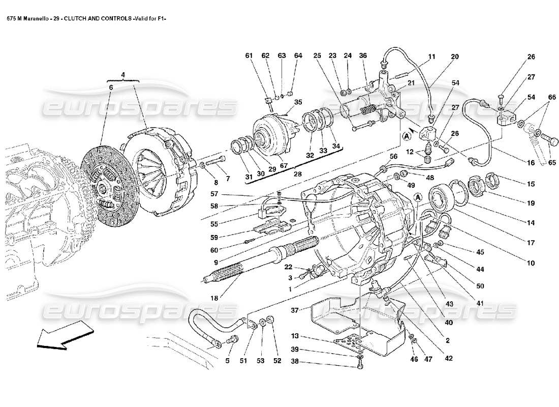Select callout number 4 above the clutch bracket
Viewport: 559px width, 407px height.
[x=122, y=75]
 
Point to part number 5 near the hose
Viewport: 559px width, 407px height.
[x=228, y=361]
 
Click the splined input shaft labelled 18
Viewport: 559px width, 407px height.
[x=254, y=259]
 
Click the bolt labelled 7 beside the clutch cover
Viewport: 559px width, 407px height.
[x=219, y=164]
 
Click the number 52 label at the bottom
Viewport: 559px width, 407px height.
[x=277, y=361]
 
